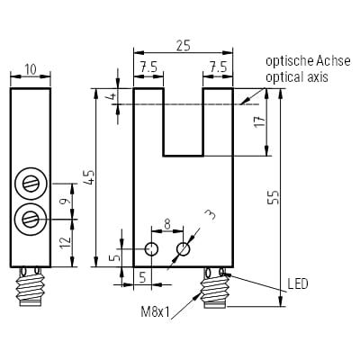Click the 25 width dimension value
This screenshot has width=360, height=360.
pyautogui.click(x=184, y=46)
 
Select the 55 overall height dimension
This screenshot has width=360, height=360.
pyautogui.click(x=274, y=197)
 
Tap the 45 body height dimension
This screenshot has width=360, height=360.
pyautogui.click(x=89, y=177)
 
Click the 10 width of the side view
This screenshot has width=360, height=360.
pyautogui.click(x=31, y=69)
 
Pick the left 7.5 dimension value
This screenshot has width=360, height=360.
pyautogui.click(x=148, y=68)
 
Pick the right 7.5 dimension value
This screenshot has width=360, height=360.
pyautogui.click(x=218, y=67)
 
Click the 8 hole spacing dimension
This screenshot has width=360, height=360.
pyautogui.click(x=167, y=224)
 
